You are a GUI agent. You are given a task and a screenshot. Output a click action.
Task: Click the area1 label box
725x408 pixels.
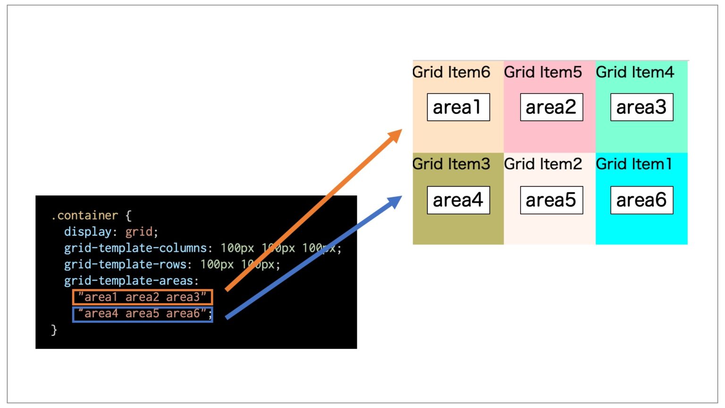pyautogui.click(x=458, y=107)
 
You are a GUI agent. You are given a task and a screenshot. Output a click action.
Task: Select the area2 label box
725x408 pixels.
pyautogui.click(x=551, y=107)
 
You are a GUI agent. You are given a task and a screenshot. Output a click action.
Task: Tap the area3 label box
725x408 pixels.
pyautogui.click(x=641, y=107)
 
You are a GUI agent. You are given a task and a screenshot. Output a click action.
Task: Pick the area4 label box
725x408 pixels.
pyautogui.click(x=458, y=200)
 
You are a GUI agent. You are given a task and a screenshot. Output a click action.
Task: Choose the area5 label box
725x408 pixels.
pyautogui.click(x=551, y=200)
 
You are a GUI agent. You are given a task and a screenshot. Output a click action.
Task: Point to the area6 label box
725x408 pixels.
pyautogui.click(x=641, y=200)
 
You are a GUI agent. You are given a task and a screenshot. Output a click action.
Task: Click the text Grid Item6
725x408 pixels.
pyautogui.click(x=451, y=72)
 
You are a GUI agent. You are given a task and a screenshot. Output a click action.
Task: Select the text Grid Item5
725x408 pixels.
pyautogui.click(x=543, y=72)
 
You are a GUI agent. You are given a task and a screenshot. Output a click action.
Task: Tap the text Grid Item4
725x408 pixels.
pyautogui.click(x=635, y=72)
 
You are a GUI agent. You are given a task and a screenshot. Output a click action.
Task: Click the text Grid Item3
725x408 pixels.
pyautogui.click(x=451, y=164)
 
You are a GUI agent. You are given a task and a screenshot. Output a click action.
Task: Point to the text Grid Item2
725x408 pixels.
pyautogui.click(x=543, y=164)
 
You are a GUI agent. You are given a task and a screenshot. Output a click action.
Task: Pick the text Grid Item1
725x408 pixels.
pyautogui.click(x=633, y=164)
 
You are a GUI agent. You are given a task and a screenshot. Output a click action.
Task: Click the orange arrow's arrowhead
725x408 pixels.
pyautogui.click(x=395, y=136)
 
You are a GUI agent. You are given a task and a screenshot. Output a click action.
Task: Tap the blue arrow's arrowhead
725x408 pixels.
pyautogui.click(x=395, y=201)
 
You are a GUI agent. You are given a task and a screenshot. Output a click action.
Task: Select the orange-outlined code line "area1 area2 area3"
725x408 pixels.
pyautogui.click(x=143, y=297)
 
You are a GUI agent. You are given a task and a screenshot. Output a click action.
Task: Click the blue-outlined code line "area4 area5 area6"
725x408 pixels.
pyautogui.click(x=143, y=314)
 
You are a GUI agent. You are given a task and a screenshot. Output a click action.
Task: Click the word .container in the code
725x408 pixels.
pyautogui.click(x=84, y=216)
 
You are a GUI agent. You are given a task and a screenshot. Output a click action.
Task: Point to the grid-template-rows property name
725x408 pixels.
pyautogui.click(x=125, y=264)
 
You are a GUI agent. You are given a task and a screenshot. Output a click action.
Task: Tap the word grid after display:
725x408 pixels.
pyautogui.click(x=139, y=232)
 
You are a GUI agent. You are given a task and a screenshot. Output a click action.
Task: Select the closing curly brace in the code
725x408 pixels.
pyautogui.click(x=54, y=330)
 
